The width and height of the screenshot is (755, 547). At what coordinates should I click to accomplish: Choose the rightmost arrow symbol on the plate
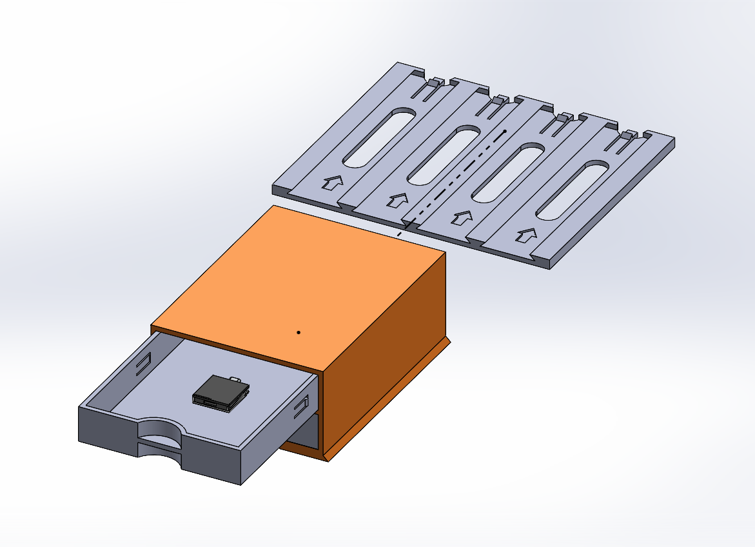pyautogui.click(x=527, y=237)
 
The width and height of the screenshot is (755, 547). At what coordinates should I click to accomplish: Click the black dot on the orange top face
pyautogui.click(x=299, y=332)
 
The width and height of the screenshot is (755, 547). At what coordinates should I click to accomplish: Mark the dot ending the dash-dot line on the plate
pyautogui.click(x=505, y=131)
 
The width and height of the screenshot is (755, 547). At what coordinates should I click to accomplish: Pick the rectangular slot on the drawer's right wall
pyautogui.click(x=300, y=408)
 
